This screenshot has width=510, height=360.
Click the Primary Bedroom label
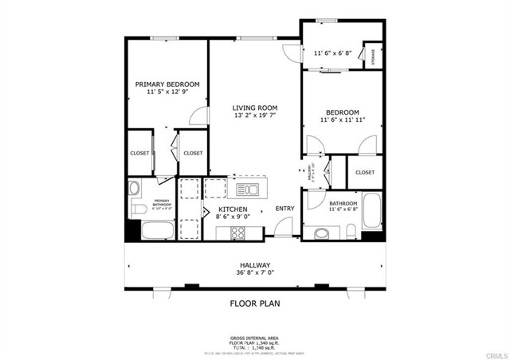pyautogui.click(x=167, y=84)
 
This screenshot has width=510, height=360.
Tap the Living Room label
pyautogui.click(x=254, y=108)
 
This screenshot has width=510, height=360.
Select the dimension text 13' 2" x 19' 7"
pyautogui.click(x=254, y=116)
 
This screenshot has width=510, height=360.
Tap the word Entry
pyautogui.click(x=284, y=209)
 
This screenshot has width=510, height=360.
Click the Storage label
pyautogui.click(x=372, y=56)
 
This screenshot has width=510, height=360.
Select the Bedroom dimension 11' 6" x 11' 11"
pyautogui.click(x=342, y=120)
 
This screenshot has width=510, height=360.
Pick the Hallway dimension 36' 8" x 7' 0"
pyautogui.click(x=254, y=273)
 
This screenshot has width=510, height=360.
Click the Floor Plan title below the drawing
pyautogui.click(x=254, y=303)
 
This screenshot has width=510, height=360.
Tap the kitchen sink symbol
pyautogui.click(x=248, y=189)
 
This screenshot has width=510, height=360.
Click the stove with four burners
pyautogui.click(x=237, y=233)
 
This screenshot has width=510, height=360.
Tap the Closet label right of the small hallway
pyautogui.click(x=365, y=172)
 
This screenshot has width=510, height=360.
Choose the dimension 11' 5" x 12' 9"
pyautogui.click(x=167, y=92)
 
